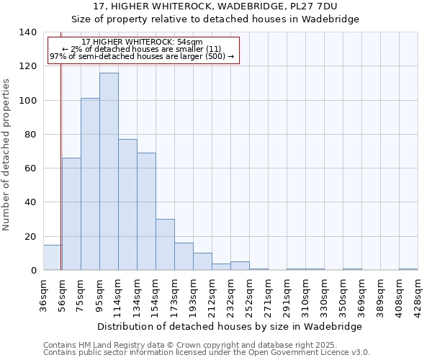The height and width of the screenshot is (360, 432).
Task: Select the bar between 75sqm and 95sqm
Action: (x=90, y=184)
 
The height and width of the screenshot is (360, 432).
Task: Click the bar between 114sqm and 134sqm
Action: (x=127, y=204)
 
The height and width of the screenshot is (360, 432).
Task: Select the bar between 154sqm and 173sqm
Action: (x=165, y=245)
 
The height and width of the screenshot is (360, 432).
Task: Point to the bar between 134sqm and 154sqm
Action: (x=146, y=212)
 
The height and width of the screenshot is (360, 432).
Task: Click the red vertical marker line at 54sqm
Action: (x=60, y=166)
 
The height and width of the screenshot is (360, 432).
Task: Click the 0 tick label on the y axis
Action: (x=33, y=271)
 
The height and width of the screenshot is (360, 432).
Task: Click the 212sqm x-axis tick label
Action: (x=212, y=294)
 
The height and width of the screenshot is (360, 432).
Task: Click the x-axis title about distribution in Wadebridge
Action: (x=229, y=326)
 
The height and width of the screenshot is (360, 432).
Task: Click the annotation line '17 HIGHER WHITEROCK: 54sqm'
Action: (x=142, y=42)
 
